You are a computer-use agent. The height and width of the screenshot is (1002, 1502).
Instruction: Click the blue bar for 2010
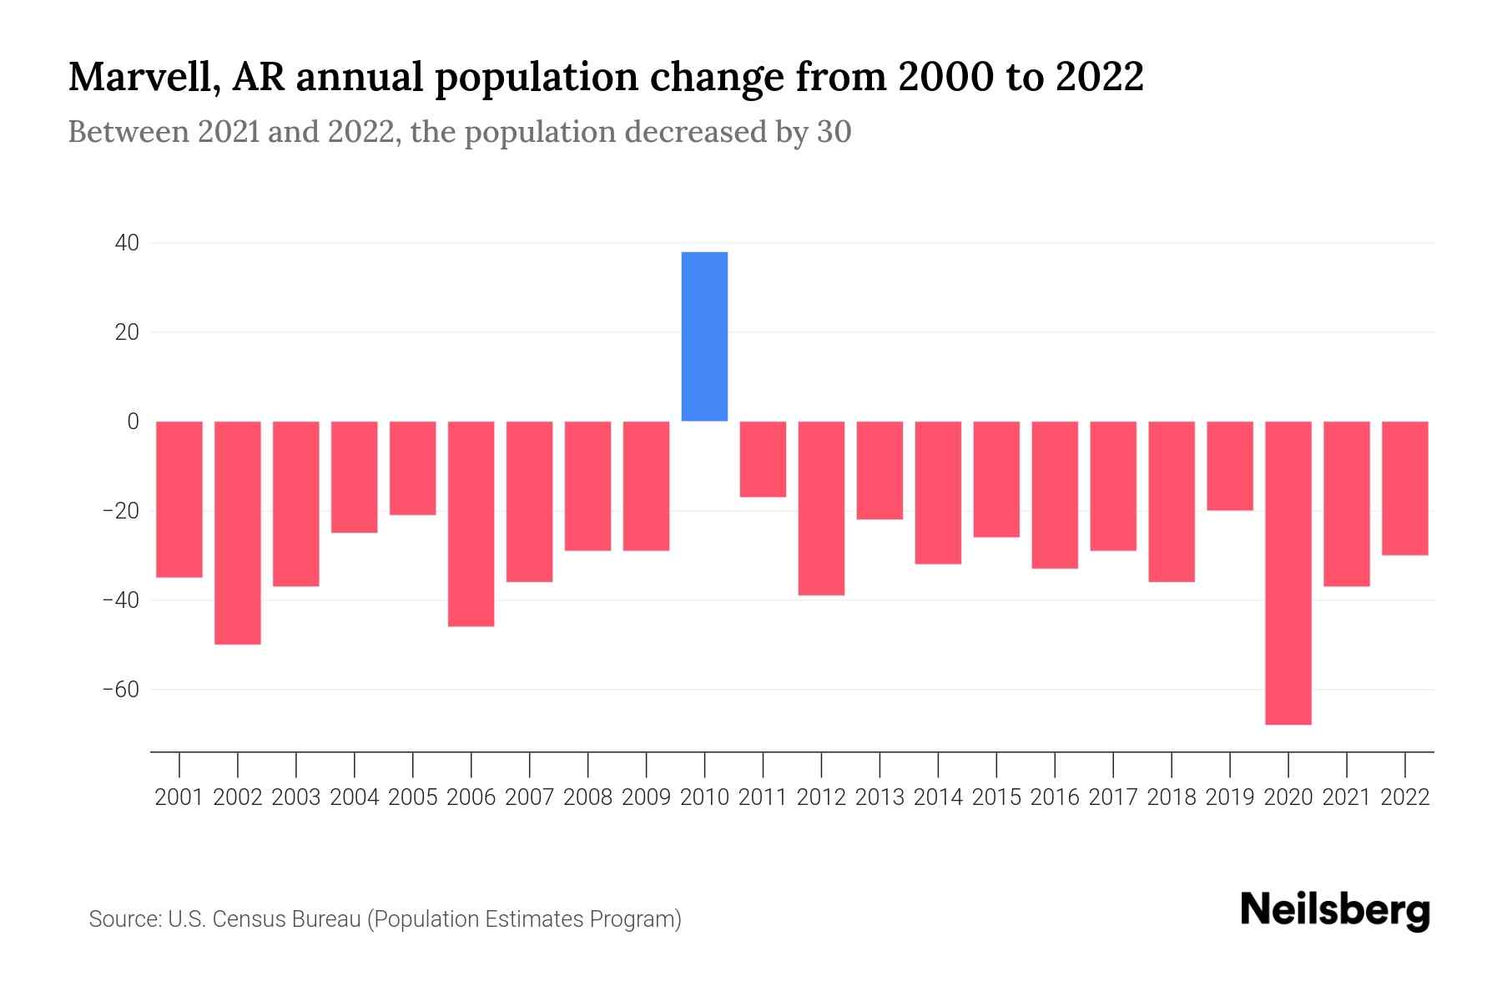coord(704,337)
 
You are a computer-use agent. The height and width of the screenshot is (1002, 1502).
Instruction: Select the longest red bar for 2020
coord(1288,573)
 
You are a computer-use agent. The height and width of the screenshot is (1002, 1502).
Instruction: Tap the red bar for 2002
coord(238,533)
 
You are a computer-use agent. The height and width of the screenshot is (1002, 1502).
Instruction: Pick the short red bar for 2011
coord(763,459)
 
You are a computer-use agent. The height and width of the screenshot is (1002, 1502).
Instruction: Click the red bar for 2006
coord(471,524)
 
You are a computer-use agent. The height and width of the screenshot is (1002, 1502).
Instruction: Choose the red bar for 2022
coord(1404,488)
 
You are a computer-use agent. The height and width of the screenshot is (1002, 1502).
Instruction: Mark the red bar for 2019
coord(1229,466)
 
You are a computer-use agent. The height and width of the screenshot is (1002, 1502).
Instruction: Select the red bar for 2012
coord(821,508)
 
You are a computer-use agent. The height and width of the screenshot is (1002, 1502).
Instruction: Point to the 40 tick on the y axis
coord(128,243)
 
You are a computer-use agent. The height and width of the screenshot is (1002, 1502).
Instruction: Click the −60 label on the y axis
coord(121,690)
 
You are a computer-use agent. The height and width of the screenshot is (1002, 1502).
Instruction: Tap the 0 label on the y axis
coord(133,422)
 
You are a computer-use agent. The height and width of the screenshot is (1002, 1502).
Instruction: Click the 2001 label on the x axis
coord(179,797)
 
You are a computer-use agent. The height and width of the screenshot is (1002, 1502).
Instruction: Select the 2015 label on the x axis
coord(996,797)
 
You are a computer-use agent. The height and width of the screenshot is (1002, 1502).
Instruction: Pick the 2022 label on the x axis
coord(1405,797)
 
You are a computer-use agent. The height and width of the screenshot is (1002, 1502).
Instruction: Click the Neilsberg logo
coord(1335,911)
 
